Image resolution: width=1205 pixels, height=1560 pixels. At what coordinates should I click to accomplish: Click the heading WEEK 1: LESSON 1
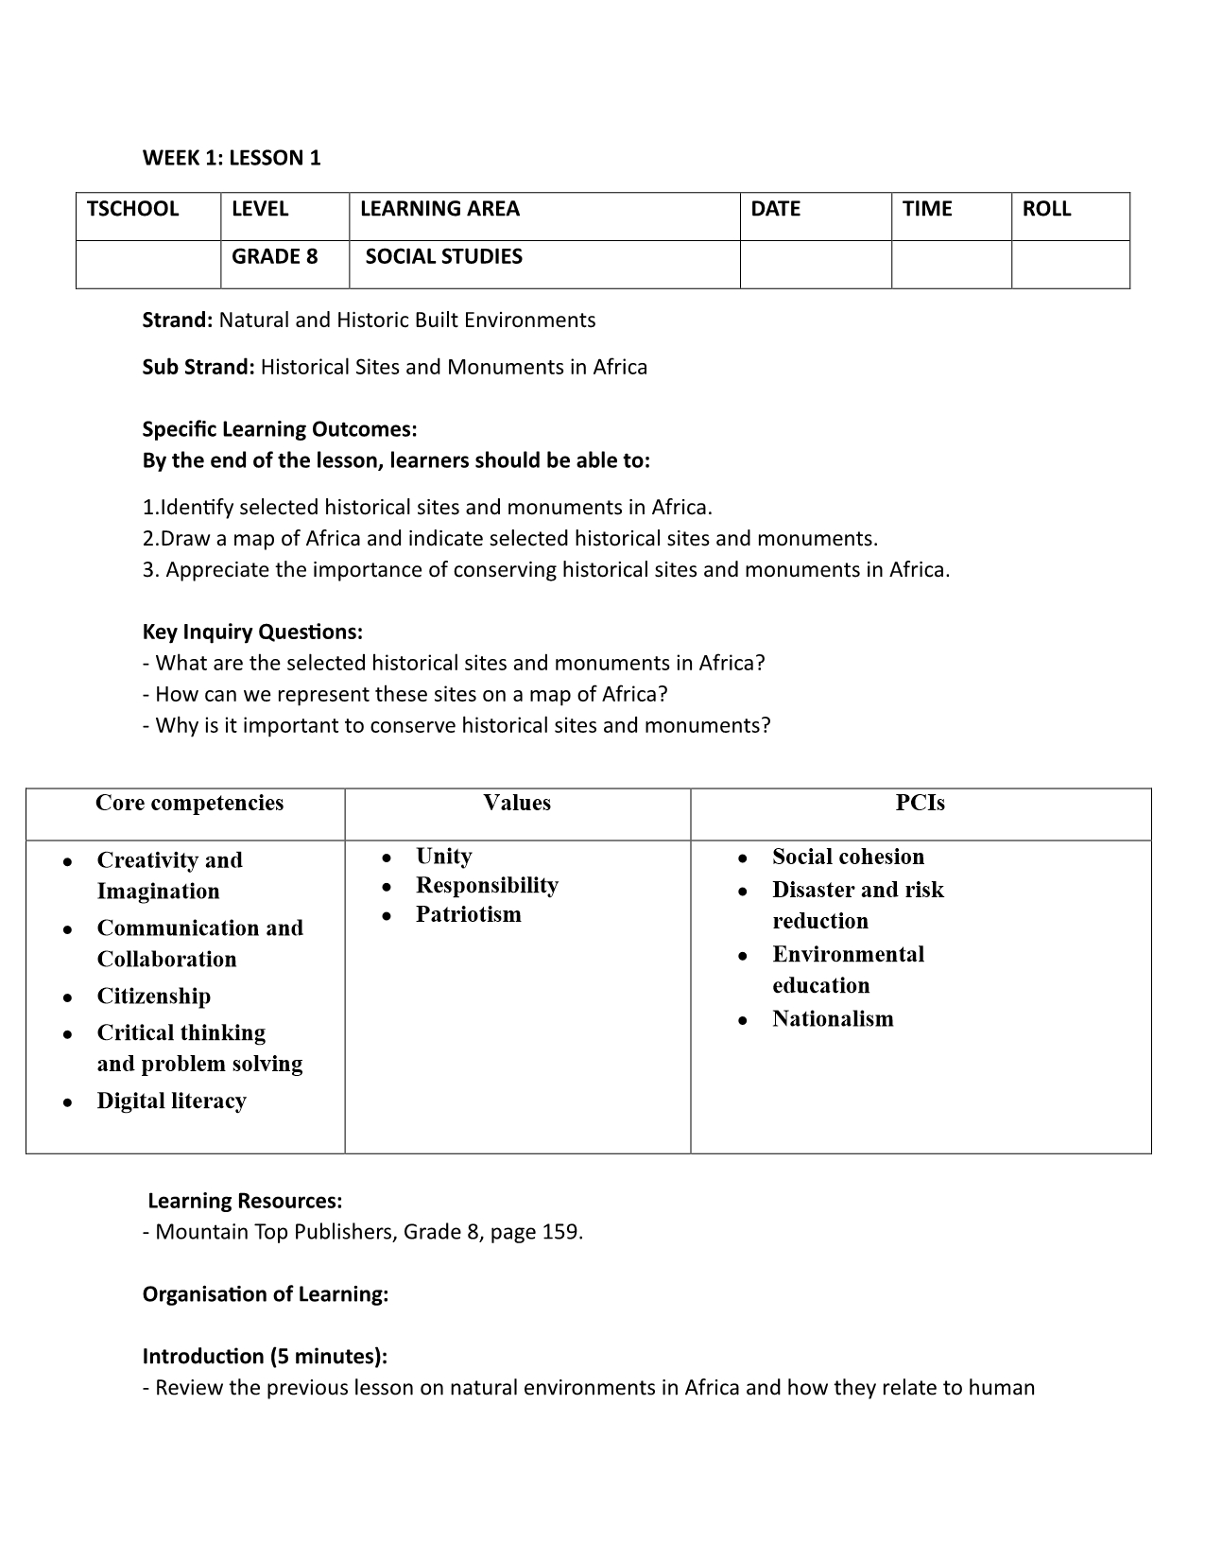coord(232,158)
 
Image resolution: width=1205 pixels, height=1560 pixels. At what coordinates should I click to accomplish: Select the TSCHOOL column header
coord(132,209)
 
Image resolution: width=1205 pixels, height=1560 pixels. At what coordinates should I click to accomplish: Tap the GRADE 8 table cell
coord(275,256)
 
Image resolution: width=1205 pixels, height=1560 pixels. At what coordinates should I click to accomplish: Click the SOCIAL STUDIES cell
coord(443,256)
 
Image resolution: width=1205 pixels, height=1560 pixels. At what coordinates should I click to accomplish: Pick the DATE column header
coord(775,209)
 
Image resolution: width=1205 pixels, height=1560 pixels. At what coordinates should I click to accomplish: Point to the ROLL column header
coord(1046,209)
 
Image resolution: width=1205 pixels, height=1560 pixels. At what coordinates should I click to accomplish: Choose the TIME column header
coord(927,209)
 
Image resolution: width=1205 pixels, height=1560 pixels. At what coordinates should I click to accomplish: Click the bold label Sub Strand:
coord(198,367)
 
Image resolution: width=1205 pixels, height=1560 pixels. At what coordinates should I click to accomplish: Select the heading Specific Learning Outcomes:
coord(279,429)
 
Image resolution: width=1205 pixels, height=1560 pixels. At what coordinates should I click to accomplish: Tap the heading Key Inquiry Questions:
coord(252,632)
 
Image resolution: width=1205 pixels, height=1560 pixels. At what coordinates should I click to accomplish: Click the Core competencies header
coord(189,803)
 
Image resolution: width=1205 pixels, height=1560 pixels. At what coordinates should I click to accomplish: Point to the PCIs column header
coord(920,803)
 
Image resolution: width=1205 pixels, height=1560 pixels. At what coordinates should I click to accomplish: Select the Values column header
coord(517,803)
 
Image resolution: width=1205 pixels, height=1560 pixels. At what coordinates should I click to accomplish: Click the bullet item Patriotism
coord(468,914)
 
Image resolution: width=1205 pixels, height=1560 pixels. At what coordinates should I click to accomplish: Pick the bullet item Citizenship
coord(153,997)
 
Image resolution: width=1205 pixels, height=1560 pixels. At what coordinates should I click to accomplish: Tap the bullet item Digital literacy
coord(171,1101)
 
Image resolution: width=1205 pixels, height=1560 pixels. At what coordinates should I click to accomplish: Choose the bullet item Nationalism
coord(833,1018)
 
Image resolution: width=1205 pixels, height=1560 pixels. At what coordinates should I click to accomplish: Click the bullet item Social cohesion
coord(848,857)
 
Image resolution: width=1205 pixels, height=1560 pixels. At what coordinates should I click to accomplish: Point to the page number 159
coord(561,1232)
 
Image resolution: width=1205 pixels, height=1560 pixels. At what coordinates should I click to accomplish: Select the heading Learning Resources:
coord(245,1201)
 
